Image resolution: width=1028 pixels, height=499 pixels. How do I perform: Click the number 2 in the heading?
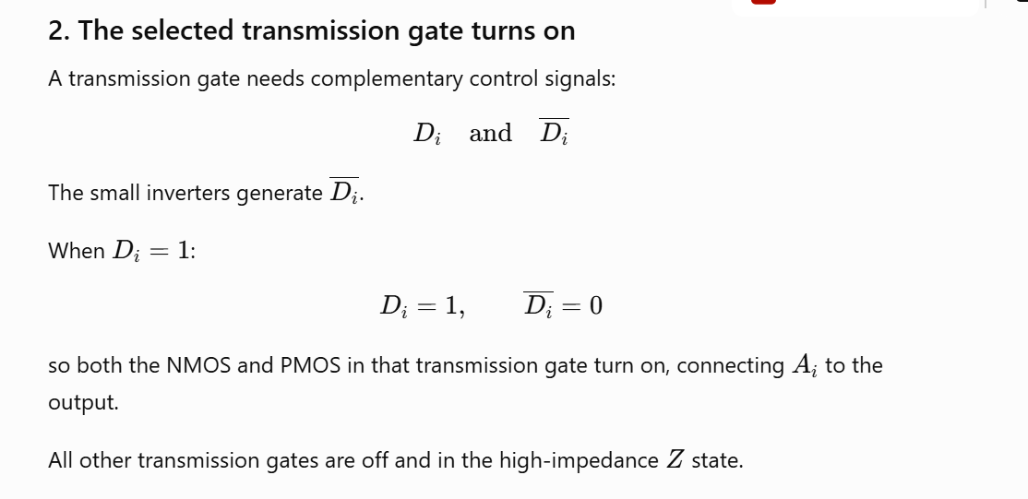click(56, 30)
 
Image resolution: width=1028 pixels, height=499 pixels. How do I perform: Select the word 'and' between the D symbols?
click(490, 133)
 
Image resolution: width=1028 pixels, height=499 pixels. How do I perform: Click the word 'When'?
click(76, 251)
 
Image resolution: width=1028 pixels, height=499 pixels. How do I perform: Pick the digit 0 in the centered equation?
click(595, 306)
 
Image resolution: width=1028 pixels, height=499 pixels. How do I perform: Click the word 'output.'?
click(84, 403)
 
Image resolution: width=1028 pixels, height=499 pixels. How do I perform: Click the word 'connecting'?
click(730, 366)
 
